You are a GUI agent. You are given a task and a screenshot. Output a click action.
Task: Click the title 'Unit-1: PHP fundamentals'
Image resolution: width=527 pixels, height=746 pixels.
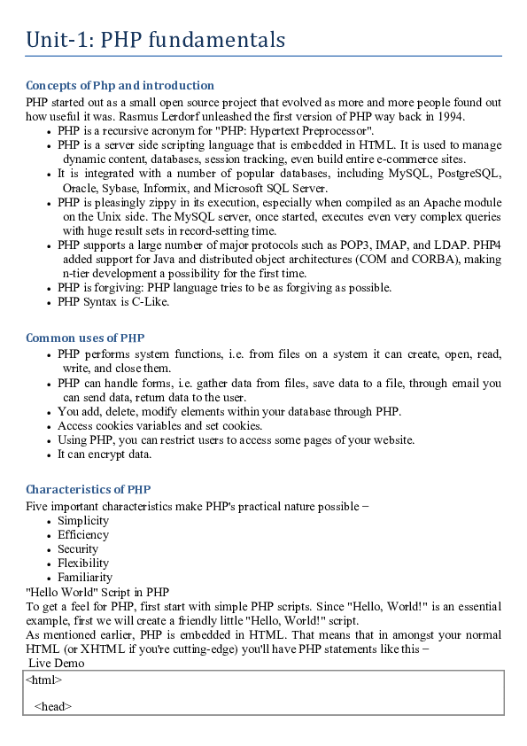coord(156,40)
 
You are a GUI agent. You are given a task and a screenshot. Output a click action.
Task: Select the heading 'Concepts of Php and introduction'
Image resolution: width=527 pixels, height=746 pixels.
coord(120,86)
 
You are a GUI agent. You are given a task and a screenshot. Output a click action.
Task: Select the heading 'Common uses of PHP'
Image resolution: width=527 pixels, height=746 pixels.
coord(85,338)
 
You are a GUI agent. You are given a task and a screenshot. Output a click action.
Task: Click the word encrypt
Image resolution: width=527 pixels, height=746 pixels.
coord(105,455)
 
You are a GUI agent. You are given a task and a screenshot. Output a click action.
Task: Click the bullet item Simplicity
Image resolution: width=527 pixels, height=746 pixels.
coord(83,521)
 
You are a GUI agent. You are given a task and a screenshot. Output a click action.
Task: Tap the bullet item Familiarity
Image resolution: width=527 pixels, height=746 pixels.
coord(85,578)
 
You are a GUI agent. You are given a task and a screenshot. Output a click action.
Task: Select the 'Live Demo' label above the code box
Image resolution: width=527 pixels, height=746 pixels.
coord(57,663)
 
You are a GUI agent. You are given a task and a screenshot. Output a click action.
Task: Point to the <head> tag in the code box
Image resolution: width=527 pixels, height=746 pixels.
coord(53,706)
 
